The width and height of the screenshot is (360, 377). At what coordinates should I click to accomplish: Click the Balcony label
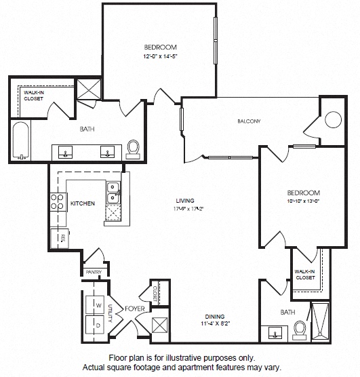point(249,121)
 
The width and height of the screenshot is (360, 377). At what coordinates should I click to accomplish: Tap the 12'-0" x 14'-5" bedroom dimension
point(160,57)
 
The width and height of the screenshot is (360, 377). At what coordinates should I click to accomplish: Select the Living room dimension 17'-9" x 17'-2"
point(188,209)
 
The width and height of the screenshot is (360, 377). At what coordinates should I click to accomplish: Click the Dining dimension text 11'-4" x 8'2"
point(215,323)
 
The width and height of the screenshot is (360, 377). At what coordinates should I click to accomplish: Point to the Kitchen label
point(83,203)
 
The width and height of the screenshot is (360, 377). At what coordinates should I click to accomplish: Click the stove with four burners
point(58,202)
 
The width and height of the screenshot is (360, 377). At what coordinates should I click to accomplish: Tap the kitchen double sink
point(113,193)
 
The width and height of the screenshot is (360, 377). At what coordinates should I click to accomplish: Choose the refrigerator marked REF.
point(60,238)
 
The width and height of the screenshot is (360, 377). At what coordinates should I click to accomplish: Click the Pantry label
point(94,272)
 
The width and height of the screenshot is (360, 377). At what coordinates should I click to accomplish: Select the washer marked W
point(95,304)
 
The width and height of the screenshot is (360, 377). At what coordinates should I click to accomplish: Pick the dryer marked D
point(95,325)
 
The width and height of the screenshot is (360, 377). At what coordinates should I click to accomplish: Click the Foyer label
point(135,309)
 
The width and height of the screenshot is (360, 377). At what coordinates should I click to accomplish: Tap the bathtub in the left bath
point(21,140)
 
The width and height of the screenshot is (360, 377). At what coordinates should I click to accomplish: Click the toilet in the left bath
point(133,149)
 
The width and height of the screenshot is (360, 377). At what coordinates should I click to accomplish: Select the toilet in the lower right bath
point(300,330)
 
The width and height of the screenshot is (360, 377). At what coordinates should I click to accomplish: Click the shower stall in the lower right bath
point(320,321)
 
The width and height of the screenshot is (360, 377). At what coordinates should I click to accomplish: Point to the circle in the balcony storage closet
point(333,119)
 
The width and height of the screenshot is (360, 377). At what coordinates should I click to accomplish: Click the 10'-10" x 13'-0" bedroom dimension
point(303,201)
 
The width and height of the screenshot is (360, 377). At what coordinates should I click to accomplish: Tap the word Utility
point(111,313)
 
